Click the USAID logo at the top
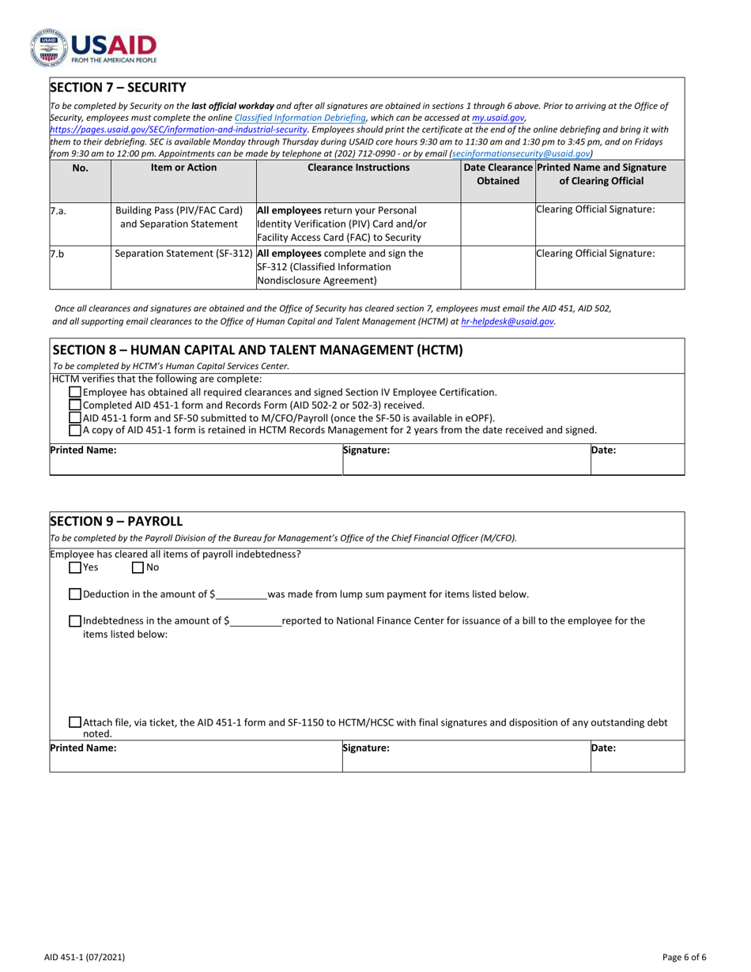93,47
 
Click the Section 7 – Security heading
118,87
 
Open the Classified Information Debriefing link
300,117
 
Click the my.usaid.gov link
498,117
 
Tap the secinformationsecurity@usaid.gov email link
520,154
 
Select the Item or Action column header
183,168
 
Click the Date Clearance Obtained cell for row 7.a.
497,224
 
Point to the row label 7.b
57,254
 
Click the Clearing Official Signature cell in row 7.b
609,267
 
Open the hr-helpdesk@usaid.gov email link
507,322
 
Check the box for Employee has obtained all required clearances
75,392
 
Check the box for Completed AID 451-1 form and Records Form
75,405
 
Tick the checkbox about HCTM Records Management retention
75,430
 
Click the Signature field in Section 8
466,459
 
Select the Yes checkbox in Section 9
75,567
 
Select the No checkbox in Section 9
138,567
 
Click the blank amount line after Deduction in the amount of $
241,594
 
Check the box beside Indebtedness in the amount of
75,621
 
